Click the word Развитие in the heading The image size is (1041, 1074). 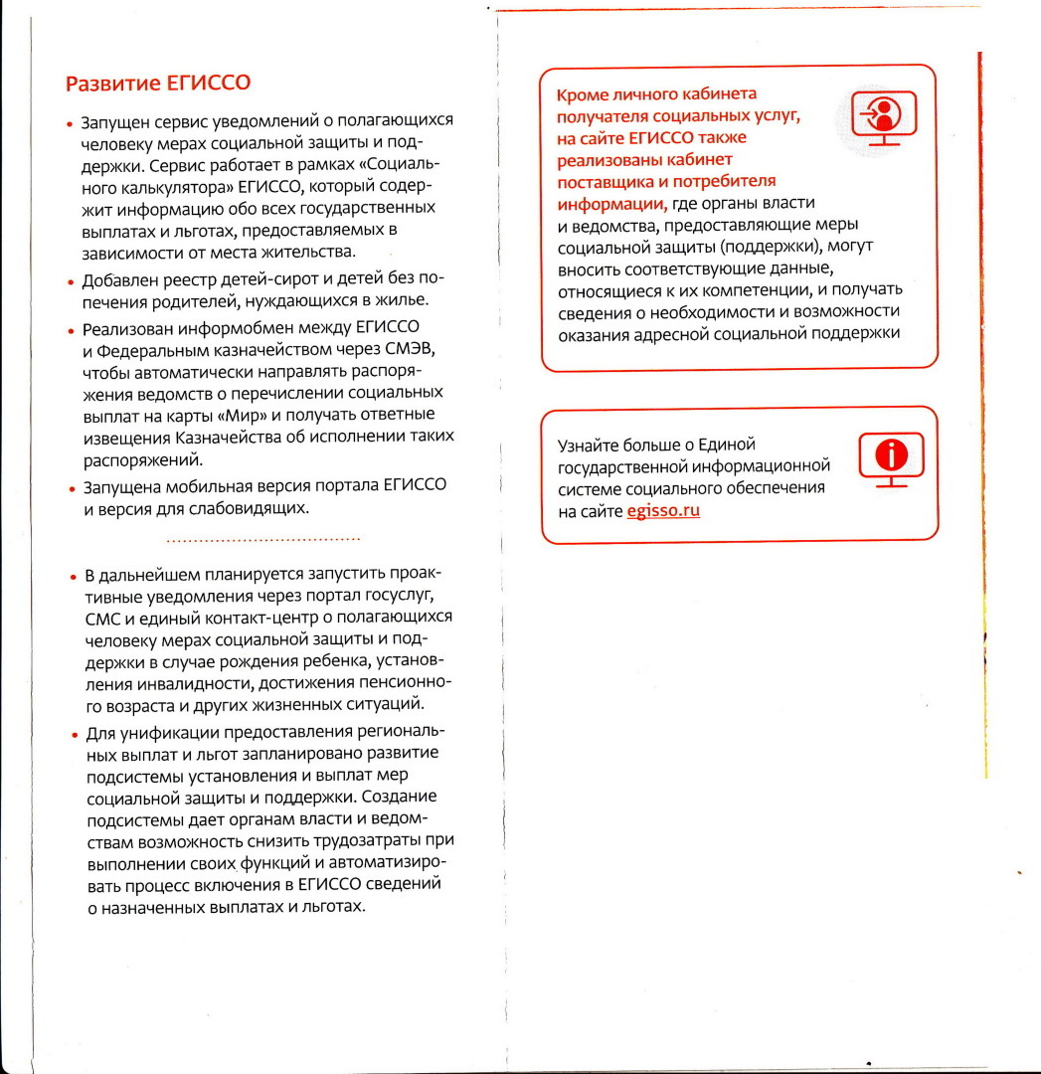pyautogui.click(x=106, y=83)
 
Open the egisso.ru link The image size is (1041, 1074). pyautogui.click(x=663, y=512)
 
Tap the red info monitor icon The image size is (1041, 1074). pyautogui.click(x=891, y=458)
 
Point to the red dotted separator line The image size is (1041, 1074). pyautogui.click(x=262, y=540)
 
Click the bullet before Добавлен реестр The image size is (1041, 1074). pyautogui.click(x=71, y=281)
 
